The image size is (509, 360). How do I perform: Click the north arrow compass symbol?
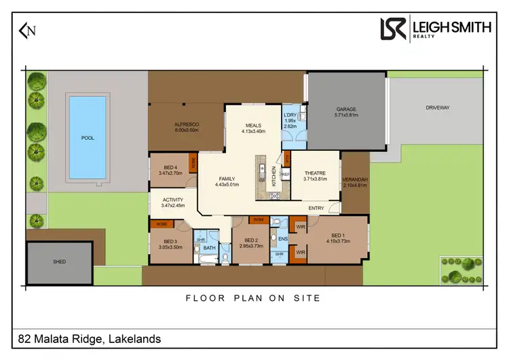click(28, 31)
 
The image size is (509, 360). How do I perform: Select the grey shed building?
click(60, 262)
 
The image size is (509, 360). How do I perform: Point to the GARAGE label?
click(346, 109)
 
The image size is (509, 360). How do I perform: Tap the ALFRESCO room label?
click(186, 125)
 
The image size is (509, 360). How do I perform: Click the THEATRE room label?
click(316, 173)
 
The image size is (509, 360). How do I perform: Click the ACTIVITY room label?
click(173, 200)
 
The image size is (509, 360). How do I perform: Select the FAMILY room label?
click(227, 179)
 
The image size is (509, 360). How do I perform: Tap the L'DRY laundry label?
click(290, 116)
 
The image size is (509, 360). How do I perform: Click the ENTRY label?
click(316, 208)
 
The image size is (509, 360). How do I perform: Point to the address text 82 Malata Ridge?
click(89, 338)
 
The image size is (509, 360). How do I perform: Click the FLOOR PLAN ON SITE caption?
click(253, 298)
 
